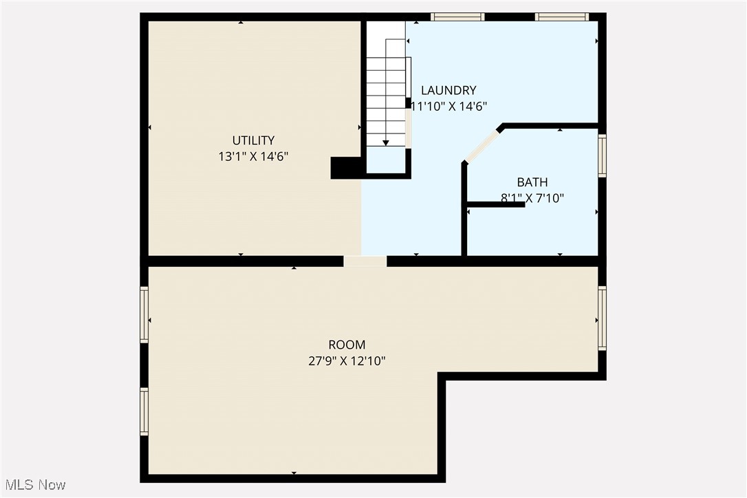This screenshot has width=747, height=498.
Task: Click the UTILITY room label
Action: tap(253, 140)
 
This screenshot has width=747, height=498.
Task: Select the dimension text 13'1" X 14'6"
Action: tap(253, 156)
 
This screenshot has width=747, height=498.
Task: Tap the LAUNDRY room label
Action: tap(448, 90)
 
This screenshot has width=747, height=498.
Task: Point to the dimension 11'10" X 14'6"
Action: tap(448, 106)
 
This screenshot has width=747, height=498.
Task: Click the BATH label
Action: tap(532, 182)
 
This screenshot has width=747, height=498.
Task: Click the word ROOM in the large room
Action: tap(347, 345)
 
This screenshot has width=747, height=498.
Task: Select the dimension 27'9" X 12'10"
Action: tap(347, 360)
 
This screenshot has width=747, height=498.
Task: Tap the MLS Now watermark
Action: tap(34, 485)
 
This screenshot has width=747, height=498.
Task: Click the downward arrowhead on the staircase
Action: tap(386, 142)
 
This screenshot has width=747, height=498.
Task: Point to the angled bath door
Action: tap(482, 145)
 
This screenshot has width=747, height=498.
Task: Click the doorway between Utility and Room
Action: tap(365, 261)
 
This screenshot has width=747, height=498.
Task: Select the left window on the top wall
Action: tap(457, 17)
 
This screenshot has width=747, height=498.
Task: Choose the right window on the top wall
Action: tap(562, 17)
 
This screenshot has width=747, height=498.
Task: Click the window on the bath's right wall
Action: tap(602, 156)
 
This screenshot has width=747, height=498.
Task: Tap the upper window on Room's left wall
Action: tap(144, 314)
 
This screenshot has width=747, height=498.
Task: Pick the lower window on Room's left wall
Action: tap(144, 411)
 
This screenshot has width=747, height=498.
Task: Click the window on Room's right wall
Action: tap(602, 318)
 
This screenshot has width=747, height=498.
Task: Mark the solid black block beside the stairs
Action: tap(347, 168)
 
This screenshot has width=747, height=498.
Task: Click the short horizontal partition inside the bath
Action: tap(495, 204)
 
